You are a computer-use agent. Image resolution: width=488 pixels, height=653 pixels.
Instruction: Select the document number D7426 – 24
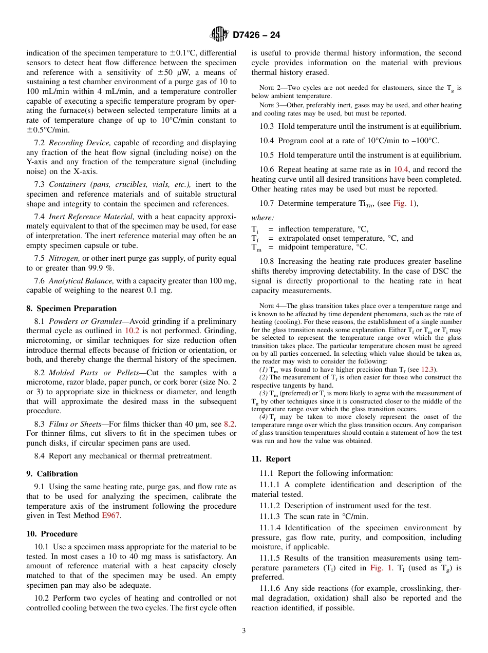[256, 35]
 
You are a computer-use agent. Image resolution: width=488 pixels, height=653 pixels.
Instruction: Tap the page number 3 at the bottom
[244, 631]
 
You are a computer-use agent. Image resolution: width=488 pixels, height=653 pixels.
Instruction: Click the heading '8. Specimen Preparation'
[71, 309]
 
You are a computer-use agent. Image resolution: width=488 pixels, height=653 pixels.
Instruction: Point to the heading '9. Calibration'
[52, 474]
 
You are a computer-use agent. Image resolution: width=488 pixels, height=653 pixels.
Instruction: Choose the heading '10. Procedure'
[52, 534]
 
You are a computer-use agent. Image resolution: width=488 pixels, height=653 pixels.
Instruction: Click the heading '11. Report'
[271, 459]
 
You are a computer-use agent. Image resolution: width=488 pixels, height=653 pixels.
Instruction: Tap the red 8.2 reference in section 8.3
[230, 424]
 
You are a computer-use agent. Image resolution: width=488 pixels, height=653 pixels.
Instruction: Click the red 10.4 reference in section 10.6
[401, 169]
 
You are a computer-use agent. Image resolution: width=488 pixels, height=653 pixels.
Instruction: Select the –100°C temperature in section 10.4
[425, 141]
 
